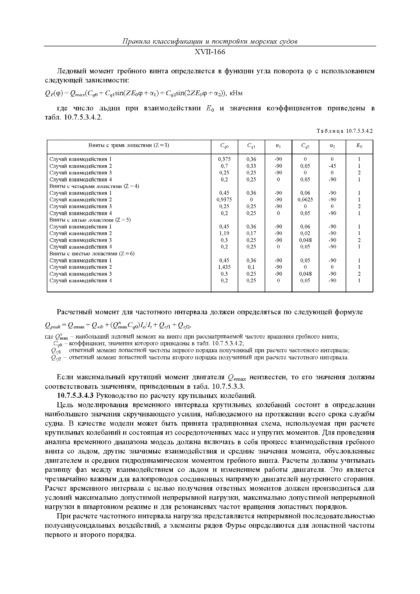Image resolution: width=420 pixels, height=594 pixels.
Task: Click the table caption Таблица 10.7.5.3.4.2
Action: point(344,131)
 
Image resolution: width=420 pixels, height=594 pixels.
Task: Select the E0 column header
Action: point(359,146)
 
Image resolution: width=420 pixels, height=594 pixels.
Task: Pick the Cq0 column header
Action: point(224,146)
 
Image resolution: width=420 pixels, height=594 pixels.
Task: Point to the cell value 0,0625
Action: point(305,199)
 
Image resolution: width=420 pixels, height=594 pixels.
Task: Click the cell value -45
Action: point(332,166)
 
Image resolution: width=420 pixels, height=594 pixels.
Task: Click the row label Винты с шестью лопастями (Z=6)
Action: point(92,253)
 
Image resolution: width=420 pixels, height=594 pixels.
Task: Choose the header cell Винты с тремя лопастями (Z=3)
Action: point(129,145)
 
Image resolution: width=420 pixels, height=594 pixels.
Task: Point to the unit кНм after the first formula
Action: point(236,93)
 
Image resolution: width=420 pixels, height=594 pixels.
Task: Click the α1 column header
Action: point(278,146)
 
